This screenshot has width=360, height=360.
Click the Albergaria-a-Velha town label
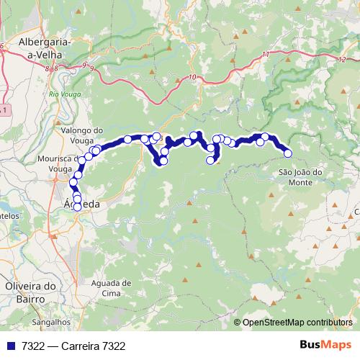tap(45, 48)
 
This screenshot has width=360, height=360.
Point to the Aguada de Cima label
tap(112, 288)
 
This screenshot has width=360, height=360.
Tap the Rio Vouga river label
tap(64, 94)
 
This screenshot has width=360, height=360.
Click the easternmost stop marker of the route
tap(288, 153)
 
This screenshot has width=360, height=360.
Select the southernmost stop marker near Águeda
tap(78, 207)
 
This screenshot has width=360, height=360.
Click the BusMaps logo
tap(325, 345)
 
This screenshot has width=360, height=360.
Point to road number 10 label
tap(191, 77)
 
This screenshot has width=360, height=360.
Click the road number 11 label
tap(266, 55)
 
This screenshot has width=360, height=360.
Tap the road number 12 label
tap(339, 59)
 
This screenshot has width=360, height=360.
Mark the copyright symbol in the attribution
tap(238, 322)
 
